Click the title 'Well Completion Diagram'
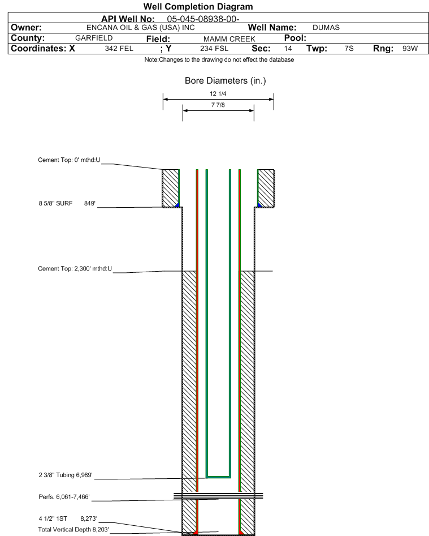tap(198, 6)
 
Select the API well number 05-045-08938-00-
tap(203, 19)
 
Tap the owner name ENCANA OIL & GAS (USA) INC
tap(141, 28)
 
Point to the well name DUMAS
tap(326, 28)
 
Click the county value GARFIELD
tap(94, 38)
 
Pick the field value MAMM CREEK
tap(229, 39)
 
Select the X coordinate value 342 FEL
tap(119, 49)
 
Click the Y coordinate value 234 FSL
tap(214, 49)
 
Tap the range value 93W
tap(410, 49)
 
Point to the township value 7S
tap(349, 49)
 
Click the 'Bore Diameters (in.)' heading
tap(226, 81)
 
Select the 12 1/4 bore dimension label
tap(218, 93)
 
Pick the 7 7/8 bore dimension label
tap(218, 105)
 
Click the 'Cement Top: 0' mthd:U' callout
tap(70, 160)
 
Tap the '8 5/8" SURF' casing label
tap(55, 203)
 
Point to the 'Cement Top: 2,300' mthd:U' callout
tap(75, 269)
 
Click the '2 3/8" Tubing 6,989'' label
tap(66, 475)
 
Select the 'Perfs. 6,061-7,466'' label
tap(64, 497)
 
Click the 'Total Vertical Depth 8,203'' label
tap(73, 530)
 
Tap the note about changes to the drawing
tap(219, 60)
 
